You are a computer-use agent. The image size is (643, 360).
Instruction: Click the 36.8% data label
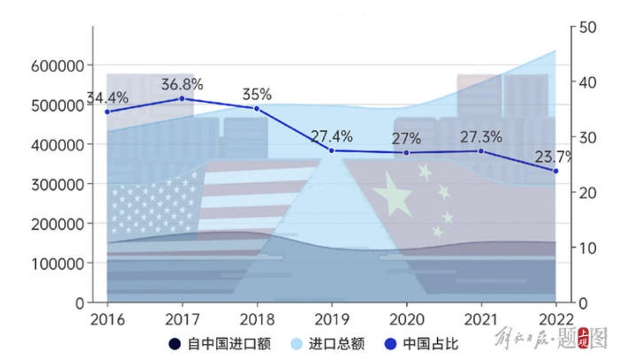(x=182, y=85)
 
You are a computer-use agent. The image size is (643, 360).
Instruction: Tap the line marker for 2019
(x=332, y=150)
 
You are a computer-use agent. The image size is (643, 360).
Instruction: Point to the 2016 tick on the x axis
(x=107, y=319)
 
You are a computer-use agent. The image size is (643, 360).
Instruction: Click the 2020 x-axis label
(x=406, y=319)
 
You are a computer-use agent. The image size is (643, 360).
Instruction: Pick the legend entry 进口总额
(x=328, y=344)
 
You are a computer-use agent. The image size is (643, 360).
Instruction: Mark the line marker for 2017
(x=182, y=99)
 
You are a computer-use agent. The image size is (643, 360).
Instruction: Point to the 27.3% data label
(x=481, y=137)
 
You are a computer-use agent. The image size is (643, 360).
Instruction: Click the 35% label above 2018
(x=257, y=94)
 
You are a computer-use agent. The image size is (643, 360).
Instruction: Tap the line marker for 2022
(x=555, y=170)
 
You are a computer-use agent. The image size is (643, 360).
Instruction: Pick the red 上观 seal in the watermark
(x=583, y=339)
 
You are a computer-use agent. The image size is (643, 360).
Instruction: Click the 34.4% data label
(x=108, y=98)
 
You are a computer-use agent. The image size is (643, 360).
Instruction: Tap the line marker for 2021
(x=481, y=151)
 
